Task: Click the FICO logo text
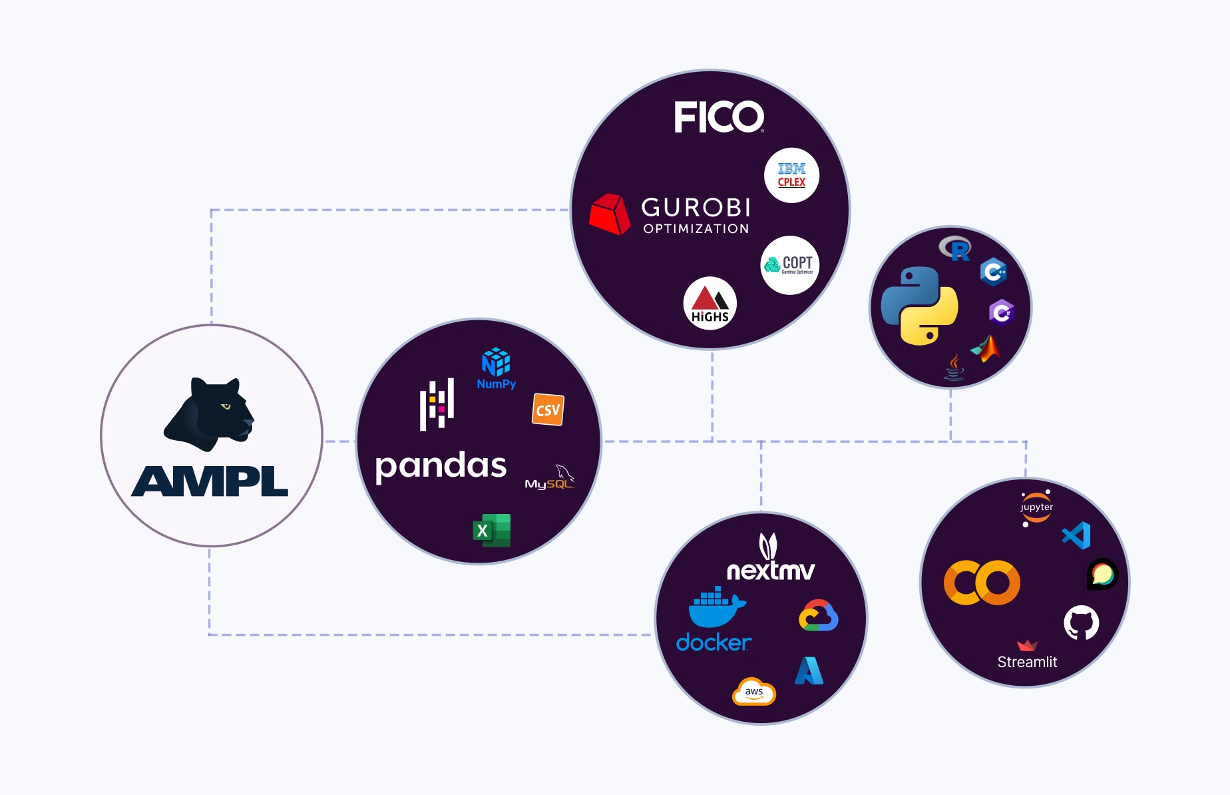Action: tap(718, 117)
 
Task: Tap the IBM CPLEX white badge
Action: tap(791, 175)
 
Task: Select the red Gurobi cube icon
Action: tap(608, 214)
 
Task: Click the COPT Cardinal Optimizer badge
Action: tap(790, 265)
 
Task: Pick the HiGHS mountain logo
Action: tap(710, 304)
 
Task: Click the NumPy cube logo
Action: tap(496, 363)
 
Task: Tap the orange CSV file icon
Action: tap(548, 409)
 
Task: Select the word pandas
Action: tap(441, 465)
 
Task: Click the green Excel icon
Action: tap(492, 531)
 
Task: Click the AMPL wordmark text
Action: tap(210, 481)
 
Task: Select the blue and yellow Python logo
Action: tap(919, 306)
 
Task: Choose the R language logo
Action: tap(955, 248)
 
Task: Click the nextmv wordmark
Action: tap(770, 570)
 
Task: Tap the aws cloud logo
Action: tap(754, 692)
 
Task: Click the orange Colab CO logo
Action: tap(982, 583)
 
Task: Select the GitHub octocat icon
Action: tap(1081, 623)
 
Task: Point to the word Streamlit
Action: tap(1027, 662)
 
